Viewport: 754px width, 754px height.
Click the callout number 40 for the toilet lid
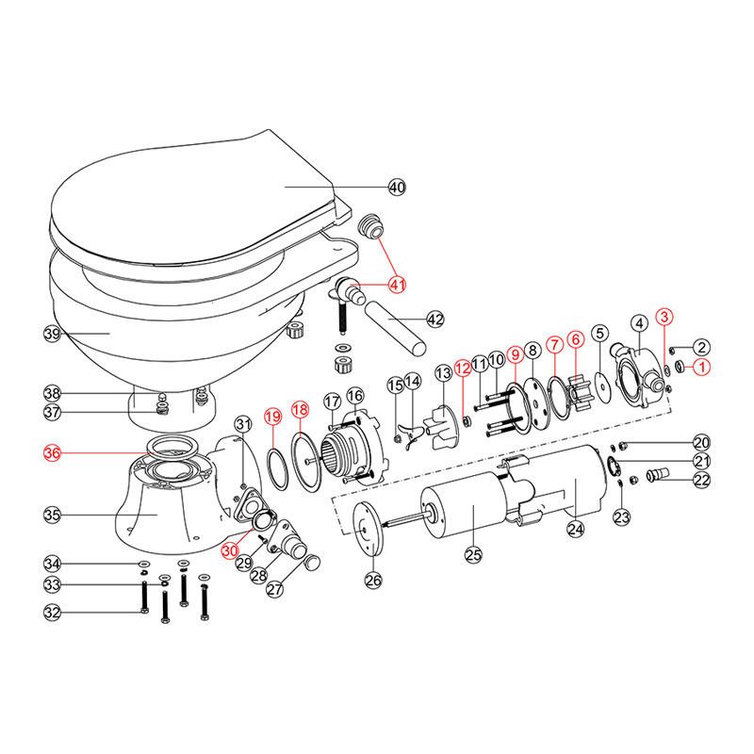397,188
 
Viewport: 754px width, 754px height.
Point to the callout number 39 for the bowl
53,334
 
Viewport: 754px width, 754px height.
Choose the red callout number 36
53,453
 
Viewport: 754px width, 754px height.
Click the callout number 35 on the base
53,514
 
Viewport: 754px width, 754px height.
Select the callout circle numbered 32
53,613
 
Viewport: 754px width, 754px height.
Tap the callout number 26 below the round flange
374,581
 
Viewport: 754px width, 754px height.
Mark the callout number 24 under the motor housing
576,529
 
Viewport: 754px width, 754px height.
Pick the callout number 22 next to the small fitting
700,480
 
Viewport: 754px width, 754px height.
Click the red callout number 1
700,368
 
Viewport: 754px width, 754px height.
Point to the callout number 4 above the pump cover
638,322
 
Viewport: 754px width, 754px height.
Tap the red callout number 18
300,410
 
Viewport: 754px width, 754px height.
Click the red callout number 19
271,416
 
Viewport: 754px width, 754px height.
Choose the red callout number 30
231,550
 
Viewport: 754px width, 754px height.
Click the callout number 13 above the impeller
443,373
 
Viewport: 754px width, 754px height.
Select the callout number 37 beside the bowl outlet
53,412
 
